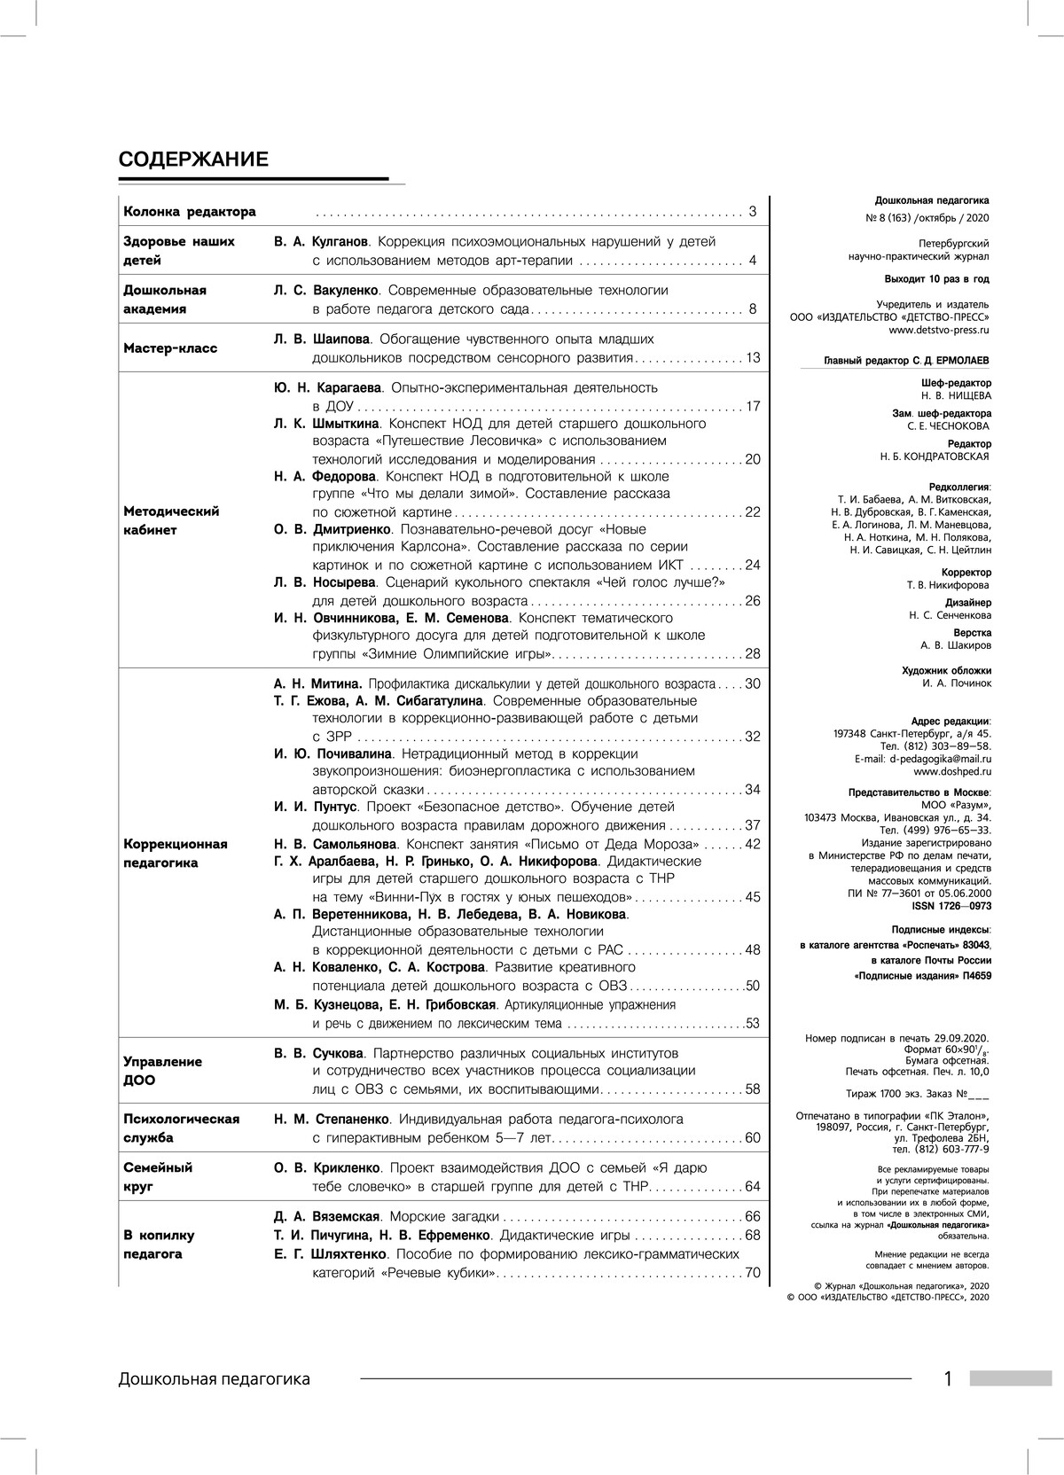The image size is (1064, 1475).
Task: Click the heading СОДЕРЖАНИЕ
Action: pos(193,160)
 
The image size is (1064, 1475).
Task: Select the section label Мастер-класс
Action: pos(170,348)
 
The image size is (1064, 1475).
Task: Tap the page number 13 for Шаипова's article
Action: pos(753,358)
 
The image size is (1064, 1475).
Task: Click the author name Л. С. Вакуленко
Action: pos(326,290)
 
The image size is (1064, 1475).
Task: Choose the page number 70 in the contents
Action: pos(753,1274)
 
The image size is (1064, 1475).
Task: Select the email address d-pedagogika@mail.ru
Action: pos(941,759)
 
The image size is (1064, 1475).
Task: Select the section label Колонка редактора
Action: pos(190,212)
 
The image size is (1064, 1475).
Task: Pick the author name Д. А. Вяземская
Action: pos(326,1216)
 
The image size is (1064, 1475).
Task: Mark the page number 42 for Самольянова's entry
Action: pos(753,844)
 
